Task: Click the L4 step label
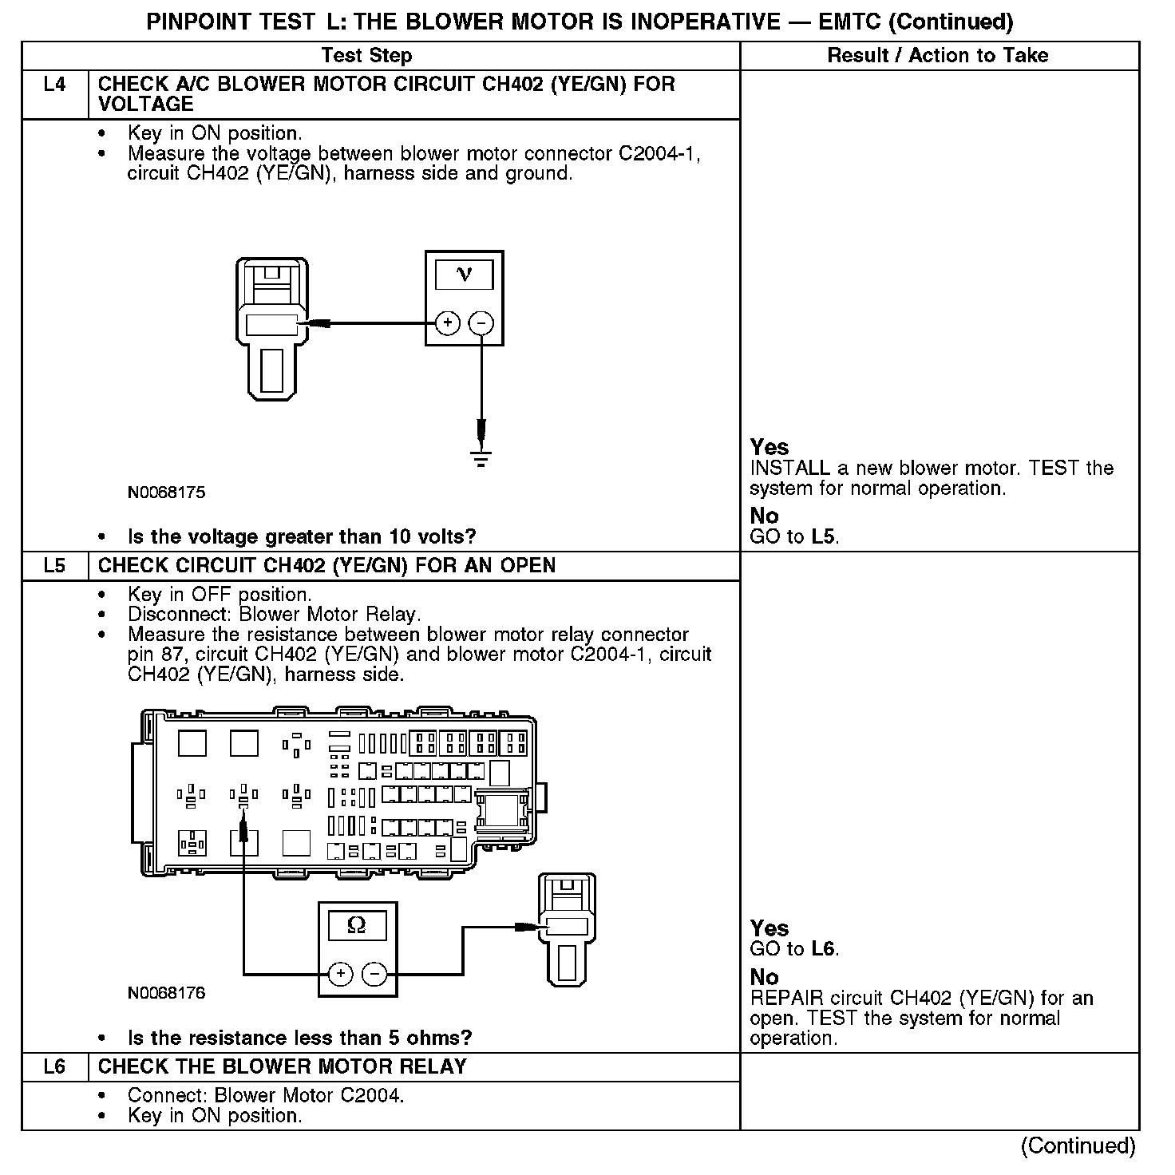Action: click(54, 84)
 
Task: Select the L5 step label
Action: click(54, 566)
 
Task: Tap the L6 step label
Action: click(54, 1067)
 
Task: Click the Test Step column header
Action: click(366, 56)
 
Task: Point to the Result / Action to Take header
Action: click(938, 56)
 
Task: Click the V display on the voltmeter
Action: click(464, 275)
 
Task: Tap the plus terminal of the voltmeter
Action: click(448, 323)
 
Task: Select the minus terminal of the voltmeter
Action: click(481, 323)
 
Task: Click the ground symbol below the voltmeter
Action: click(481, 458)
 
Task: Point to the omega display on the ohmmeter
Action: click(357, 925)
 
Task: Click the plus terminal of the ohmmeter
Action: click(341, 974)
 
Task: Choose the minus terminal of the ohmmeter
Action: click(374, 974)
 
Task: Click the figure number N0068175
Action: click(166, 493)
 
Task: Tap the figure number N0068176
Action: click(166, 993)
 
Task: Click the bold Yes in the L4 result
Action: click(769, 447)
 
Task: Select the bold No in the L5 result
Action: click(764, 977)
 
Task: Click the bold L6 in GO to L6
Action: click(823, 949)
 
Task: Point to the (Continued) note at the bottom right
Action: click(1078, 1145)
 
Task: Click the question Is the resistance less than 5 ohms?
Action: click(299, 1038)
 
